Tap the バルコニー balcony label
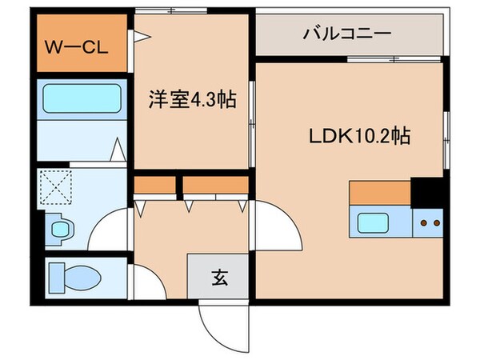click(x=346, y=34)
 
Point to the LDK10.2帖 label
click(x=359, y=136)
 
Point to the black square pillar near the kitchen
click(x=427, y=193)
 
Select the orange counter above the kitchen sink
click(x=380, y=194)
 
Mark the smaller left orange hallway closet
click(x=154, y=186)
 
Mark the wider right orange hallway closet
click(x=215, y=186)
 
